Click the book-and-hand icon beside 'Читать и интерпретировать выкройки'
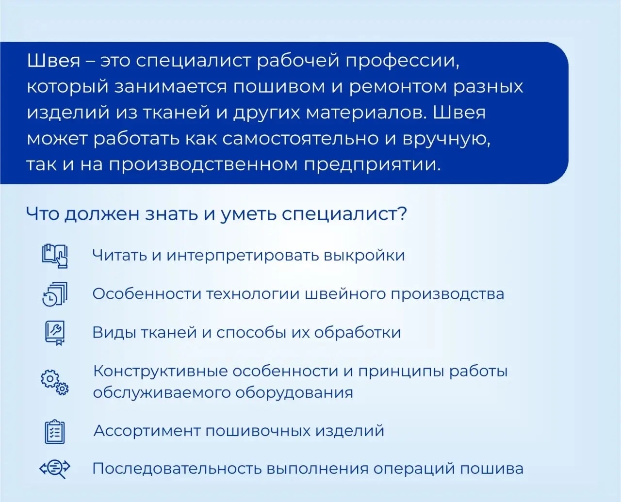pos(55,256)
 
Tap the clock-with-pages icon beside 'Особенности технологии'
pos(55,294)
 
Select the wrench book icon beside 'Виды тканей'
pos(55,333)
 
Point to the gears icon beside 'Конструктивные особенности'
pos(55,383)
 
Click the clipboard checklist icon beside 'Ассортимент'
pos(55,432)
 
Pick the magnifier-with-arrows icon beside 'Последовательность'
pos(55,469)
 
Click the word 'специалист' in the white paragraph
pos(193,62)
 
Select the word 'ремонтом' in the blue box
pos(398,87)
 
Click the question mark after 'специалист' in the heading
pos(402,214)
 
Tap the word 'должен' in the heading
pos(102,214)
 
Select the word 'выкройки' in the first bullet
pos(364,256)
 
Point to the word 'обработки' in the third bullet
pos(358,332)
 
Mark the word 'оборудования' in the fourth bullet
pos(294,393)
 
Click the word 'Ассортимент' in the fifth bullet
pos(147,431)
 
